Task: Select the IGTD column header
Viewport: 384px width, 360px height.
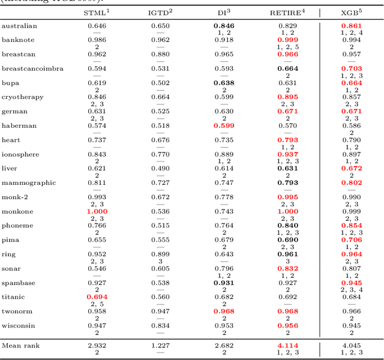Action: [160, 12]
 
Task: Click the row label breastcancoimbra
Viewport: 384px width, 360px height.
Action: [32, 68]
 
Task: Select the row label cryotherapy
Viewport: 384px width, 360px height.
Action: [21, 97]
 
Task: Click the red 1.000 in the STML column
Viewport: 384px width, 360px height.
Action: [97, 211]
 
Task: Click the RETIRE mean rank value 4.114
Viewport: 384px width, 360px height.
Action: [287, 345]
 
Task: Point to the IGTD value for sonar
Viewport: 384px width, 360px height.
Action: [160, 268]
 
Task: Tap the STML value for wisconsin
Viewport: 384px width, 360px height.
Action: [97, 326]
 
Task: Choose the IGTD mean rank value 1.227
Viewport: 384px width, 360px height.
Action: [160, 345]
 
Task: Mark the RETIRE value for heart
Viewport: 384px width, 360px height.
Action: [287, 140]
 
